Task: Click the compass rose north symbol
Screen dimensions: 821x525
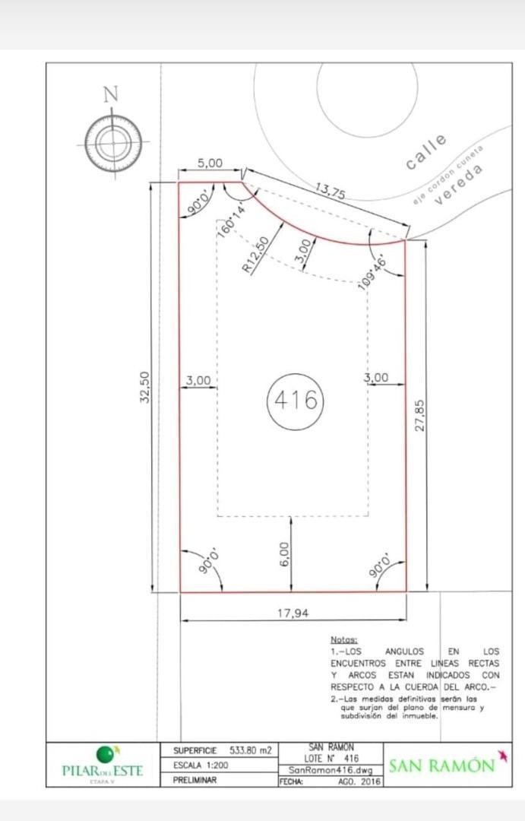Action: [112, 142]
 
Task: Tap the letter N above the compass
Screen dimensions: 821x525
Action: [111, 94]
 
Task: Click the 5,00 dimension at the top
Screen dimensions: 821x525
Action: [210, 163]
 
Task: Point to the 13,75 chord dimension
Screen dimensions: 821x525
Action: [330, 191]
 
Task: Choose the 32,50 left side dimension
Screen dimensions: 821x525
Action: [145, 387]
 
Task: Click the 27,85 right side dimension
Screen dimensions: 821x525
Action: [419, 416]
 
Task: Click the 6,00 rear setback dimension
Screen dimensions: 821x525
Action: [283, 553]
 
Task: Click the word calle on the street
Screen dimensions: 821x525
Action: [426, 151]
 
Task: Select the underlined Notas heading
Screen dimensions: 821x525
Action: [343, 641]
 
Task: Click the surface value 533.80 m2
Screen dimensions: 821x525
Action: [251, 750]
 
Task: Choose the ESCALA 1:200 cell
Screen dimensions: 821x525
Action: [201, 765]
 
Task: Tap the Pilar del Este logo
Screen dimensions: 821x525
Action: [102, 764]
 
